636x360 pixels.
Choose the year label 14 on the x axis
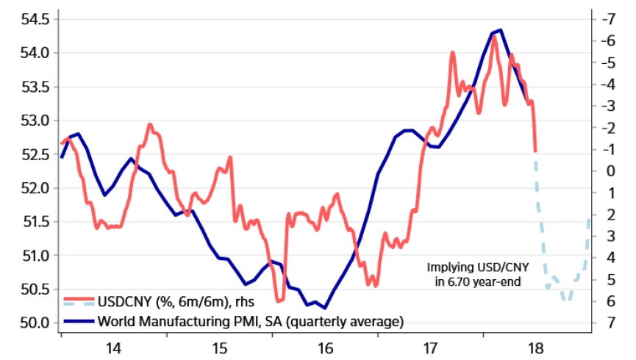tap(113, 347)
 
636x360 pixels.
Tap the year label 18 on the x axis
tap(535, 347)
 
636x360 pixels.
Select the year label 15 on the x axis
tap(219, 347)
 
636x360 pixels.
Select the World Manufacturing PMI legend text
tap(251, 321)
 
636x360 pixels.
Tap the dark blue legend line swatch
tap(78, 321)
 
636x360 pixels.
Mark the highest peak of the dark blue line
tap(500, 30)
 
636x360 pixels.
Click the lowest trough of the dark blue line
tap(325, 308)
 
